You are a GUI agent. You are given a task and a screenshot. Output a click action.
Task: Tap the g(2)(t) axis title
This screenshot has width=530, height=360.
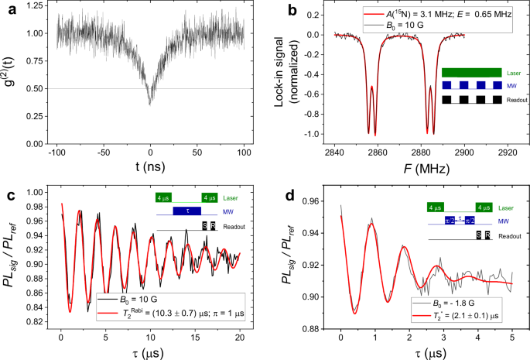(10, 76)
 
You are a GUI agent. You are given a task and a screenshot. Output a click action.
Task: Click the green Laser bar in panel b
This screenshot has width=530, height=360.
(471, 73)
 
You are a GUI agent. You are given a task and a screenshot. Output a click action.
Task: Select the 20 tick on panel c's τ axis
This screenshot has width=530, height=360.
(240, 331)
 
